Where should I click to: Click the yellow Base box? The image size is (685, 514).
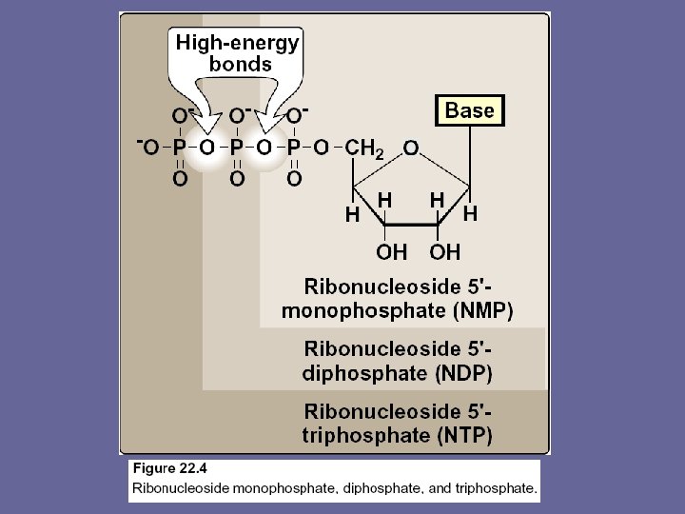[470, 110]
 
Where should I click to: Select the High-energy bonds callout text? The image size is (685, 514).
[237, 53]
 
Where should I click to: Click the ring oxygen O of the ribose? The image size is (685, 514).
[411, 148]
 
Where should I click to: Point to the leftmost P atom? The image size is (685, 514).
[179, 148]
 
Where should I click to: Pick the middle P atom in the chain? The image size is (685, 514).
[237, 148]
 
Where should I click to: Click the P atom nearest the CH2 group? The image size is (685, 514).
[294, 148]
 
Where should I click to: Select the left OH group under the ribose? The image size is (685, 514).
[391, 252]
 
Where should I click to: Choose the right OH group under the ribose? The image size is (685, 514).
[444, 252]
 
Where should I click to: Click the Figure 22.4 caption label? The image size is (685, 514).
[170, 468]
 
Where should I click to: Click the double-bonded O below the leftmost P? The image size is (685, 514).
[179, 179]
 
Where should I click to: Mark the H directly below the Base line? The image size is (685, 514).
[469, 215]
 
